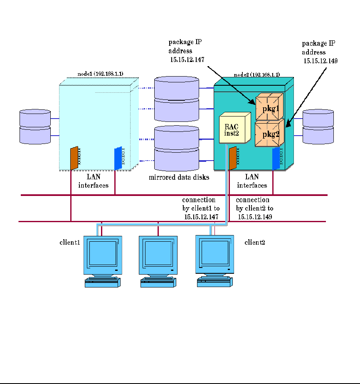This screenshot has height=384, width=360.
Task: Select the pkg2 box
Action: tap(269, 133)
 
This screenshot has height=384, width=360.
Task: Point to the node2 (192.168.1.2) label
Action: tap(256, 74)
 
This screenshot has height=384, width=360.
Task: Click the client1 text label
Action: tap(69, 242)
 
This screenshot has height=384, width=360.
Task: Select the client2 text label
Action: tap(255, 242)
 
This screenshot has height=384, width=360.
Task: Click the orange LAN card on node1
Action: tap(74, 158)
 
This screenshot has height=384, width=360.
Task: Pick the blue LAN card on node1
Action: tap(118, 158)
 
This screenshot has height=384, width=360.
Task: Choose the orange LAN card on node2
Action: tap(232, 158)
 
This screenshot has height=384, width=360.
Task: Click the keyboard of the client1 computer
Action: tap(103, 283)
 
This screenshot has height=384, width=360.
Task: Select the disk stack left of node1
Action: tap(35, 126)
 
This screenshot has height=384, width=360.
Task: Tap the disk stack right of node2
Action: tap(318, 126)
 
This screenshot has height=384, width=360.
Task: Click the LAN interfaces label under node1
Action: tap(94, 181)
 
